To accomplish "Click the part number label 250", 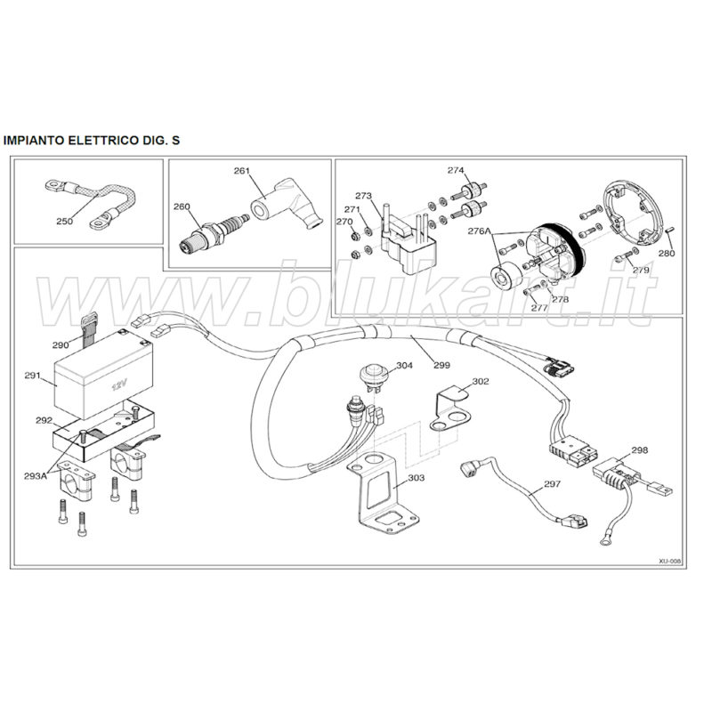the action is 64,221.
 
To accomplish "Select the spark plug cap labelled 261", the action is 287,203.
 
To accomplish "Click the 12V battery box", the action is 103,374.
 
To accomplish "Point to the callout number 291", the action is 32,376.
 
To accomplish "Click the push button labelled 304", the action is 372,376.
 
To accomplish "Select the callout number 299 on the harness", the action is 441,365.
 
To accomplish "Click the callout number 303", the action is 416,478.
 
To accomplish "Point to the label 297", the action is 552,484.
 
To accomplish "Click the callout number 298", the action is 639,450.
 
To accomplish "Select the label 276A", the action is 480,231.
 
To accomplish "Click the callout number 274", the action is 456,170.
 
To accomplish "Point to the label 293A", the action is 36,476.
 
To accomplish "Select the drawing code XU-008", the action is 670,562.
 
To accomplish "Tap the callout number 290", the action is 61,345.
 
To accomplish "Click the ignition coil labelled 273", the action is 409,241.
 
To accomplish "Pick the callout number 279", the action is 641,271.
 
